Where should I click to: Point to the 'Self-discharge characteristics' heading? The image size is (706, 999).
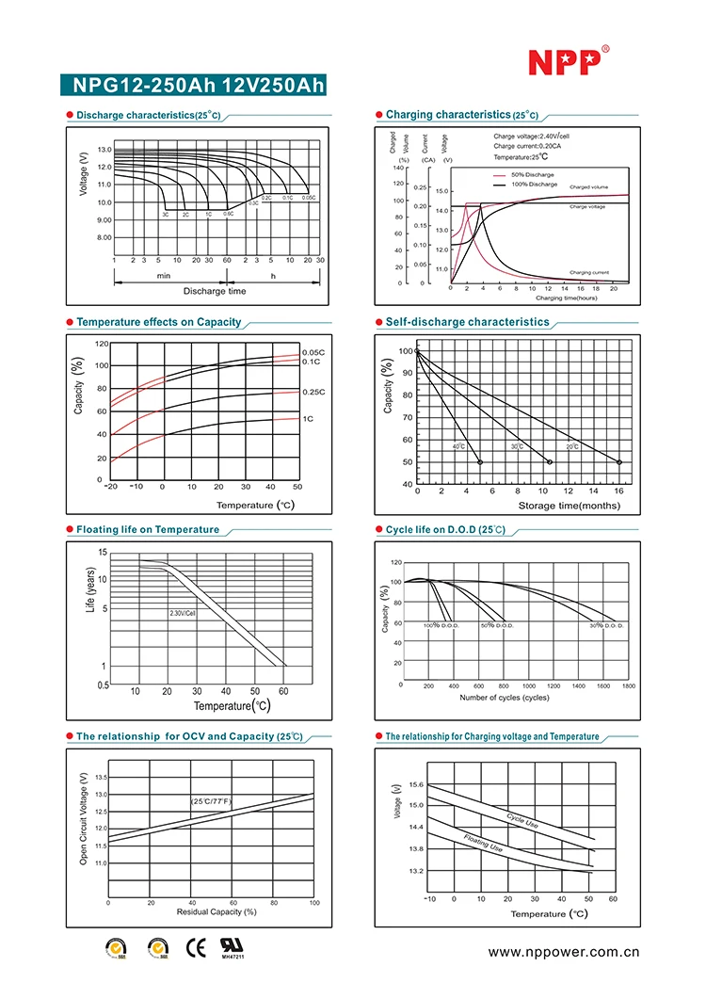[467, 322]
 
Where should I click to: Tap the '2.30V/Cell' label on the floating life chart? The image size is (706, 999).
[183, 613]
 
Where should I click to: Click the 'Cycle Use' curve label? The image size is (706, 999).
[522, 820]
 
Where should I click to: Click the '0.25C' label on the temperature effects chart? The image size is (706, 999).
[313, 391]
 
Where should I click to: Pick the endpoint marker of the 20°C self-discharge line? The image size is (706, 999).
[619, 462]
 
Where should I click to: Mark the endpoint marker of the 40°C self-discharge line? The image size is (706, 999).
[480, 462]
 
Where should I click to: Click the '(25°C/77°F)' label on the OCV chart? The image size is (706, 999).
[211, 800]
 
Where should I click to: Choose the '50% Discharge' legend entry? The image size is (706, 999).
[532, 175]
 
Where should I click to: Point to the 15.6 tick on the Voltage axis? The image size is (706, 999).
[416, 785]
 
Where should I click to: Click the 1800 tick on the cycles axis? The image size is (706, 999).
[629, 686]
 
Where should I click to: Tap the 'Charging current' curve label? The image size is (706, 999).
[588, 273]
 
